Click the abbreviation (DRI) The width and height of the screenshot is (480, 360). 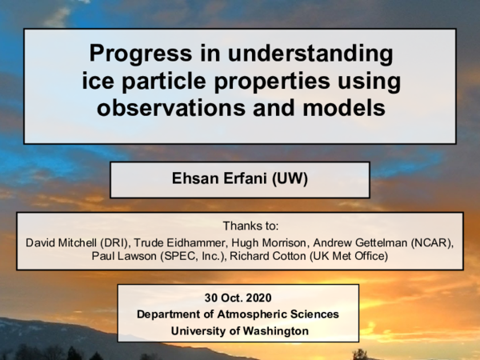tap(122, 242)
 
